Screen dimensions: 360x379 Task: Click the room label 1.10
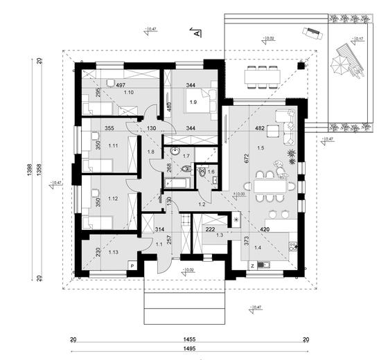pyautogui.click(x=128, y=92)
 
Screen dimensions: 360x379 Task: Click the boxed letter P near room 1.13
pyautogui.click(x=132, y=264)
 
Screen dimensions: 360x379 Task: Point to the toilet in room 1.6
pyautogui.click(x=200, y=176)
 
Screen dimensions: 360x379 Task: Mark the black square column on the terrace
pyautogui.click(x=301, y=66)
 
